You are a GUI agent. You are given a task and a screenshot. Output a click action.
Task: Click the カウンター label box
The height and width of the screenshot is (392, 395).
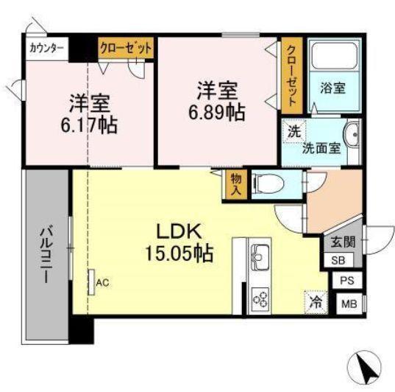[47, 49]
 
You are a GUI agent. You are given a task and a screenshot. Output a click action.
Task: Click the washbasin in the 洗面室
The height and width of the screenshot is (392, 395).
[352, 135]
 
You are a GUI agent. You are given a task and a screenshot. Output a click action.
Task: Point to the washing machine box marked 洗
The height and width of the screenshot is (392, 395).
[294, 131]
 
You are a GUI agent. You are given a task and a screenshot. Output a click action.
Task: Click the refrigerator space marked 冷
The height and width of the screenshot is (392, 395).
[316, 302]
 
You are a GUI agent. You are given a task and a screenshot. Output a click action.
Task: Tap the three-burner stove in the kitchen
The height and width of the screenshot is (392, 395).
[260, 298]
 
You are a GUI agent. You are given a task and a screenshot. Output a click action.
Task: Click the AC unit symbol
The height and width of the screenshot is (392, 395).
[91, 282]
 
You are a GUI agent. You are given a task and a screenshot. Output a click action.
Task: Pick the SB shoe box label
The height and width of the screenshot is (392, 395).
[338, 260]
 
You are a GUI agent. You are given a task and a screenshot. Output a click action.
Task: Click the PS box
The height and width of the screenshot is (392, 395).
[347, 280]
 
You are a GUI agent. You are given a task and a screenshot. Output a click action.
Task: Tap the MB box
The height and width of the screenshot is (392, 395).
[349, 304]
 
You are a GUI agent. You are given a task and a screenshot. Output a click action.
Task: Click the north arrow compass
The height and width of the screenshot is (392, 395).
[364, 367]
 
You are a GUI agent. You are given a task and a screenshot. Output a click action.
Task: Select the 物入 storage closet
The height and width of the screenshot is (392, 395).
[236, 184]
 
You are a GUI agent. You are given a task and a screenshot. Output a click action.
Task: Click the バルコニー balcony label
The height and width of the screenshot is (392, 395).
[46, 254]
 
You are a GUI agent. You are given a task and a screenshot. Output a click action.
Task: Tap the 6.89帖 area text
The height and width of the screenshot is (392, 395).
[217, 113]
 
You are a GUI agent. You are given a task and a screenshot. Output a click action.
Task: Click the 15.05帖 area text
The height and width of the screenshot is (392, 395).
[179, 253]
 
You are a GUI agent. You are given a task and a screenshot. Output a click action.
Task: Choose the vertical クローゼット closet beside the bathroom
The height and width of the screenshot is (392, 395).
[292, 75]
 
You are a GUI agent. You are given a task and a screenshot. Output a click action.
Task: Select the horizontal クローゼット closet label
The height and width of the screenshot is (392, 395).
[126, 48]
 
